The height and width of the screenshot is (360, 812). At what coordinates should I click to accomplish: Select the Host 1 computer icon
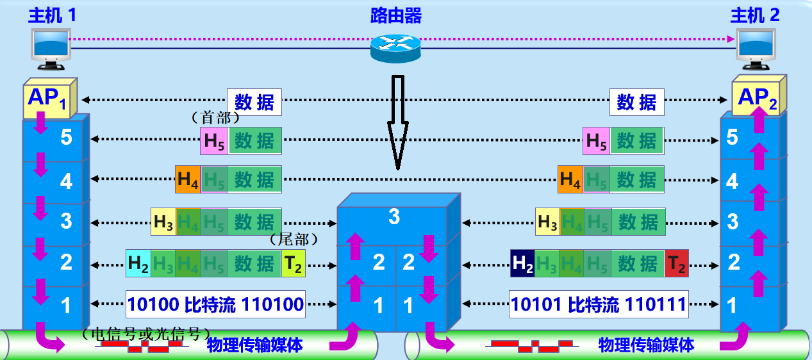coord(51,49)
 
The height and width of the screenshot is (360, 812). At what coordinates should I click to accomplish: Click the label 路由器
coord(396,15)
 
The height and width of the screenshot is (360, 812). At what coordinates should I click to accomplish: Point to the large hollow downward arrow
coord(397,122)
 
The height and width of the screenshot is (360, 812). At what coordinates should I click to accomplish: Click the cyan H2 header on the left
coord(138,263)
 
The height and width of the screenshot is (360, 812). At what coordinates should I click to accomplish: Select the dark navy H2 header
coord(523,263)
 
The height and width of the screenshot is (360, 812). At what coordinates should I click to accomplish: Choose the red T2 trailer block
coord(676,263)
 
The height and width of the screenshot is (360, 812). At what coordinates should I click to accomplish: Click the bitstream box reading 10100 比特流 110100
coord(215,304)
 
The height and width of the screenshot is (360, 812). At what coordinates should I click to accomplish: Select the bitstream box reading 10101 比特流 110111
coord(599,304)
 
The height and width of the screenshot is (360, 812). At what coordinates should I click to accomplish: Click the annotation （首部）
coord(215,118)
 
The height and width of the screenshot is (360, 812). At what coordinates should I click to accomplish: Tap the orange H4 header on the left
coord(188,180)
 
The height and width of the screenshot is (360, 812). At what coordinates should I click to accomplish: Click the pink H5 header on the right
coord(596,141)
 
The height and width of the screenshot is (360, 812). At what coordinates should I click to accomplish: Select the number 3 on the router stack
coord(394,217)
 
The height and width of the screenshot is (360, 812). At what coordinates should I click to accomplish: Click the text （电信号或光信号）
coord(146,334)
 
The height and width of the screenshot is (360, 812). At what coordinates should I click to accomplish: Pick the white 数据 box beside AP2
coord(636,102)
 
